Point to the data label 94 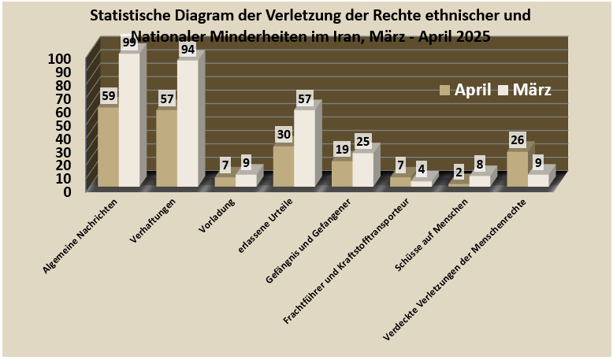(x=188, y=50)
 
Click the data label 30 (x=284, y=134)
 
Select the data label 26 (x=517, y=140)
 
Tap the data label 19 (x=342, y=150)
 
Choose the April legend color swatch (x=445, y=90)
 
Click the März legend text (x=532, y=90)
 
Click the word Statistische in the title (x=133, y=16)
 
